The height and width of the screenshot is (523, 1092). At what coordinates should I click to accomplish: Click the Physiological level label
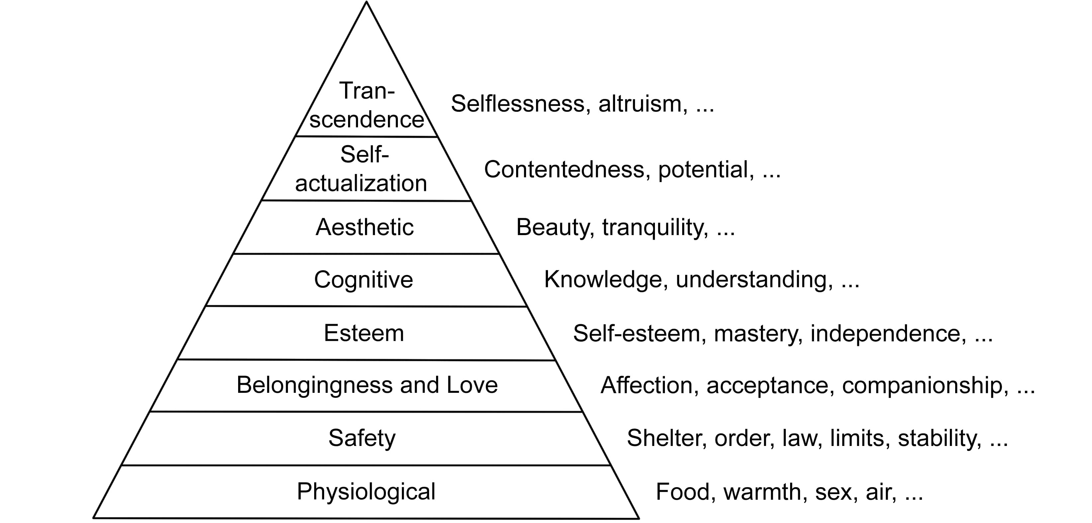(366, 492)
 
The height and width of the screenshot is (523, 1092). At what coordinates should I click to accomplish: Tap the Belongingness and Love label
(367, 385)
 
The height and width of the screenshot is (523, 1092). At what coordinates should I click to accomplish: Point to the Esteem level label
(364, 333)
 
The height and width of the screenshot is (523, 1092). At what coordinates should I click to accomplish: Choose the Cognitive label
(363, 280)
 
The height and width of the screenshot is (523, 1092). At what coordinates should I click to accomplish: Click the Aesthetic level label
(364, 227)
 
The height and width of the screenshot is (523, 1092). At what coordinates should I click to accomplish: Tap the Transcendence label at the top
(367, 105)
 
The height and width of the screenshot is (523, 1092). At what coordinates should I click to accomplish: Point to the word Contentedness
(564, 170)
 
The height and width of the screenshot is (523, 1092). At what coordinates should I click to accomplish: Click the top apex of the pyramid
(366, 3)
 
